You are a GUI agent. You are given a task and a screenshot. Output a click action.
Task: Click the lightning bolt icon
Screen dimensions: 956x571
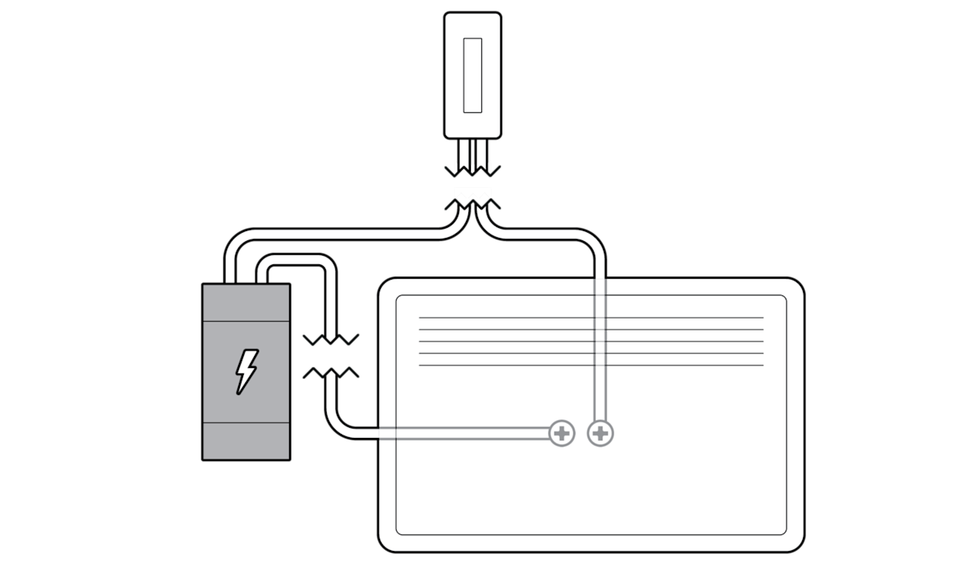point(246,370)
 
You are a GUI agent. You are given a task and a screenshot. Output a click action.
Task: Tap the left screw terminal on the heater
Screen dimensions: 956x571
point(562,433)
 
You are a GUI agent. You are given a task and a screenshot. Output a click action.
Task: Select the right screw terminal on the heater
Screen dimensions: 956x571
point(600,433)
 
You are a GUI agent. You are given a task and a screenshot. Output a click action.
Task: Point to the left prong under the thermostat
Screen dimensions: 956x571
point(464,151)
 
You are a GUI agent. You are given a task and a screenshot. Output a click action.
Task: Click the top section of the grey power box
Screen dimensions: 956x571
point(246,303)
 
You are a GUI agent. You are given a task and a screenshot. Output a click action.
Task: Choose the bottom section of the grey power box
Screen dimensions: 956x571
point(246,440)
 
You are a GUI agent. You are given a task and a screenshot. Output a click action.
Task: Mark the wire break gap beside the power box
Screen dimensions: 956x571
point(331,356)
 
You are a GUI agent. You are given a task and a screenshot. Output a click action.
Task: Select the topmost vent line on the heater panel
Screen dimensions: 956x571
point(590,318)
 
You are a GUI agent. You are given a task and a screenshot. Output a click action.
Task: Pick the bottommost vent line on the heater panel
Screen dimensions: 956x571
point(590,366)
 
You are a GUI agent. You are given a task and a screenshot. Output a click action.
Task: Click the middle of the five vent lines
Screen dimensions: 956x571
point(590,342)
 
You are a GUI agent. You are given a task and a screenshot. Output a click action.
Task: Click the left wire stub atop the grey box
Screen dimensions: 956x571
point(231,271)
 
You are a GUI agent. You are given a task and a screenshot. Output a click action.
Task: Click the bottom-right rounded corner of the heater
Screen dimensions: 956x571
point(789,537)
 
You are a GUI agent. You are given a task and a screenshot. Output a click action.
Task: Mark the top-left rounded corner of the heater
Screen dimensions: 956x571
point(394,293)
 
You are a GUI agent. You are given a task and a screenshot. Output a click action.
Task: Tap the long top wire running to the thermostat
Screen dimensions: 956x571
point(335,235)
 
